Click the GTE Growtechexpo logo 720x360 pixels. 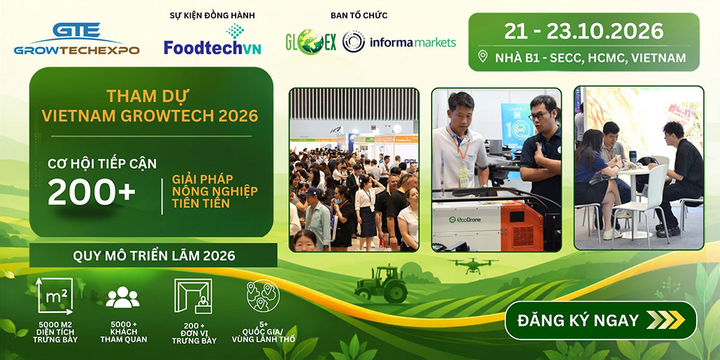coord(77,39)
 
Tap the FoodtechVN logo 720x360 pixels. coord(212,39)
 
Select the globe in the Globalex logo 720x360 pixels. coord(310,41)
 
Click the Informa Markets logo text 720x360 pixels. coord(415,43)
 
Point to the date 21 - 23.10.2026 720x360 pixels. coord(584,31)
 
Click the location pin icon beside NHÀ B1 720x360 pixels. coord(482,56)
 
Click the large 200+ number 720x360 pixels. coord(91,191)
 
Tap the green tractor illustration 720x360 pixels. coord(381,284)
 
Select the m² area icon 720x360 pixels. coord(55,296)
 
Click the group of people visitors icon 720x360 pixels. coord(122,297)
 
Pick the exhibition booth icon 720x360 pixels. coord(193,296)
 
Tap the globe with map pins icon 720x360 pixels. coord(263,296)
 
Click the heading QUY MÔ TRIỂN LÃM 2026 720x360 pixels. coord(154,255)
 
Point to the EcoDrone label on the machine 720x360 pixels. coord(466,220)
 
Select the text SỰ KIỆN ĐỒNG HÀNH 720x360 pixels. coord(212,15)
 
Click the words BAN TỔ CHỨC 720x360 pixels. coord(359,15)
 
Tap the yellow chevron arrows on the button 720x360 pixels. coord(665,320)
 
